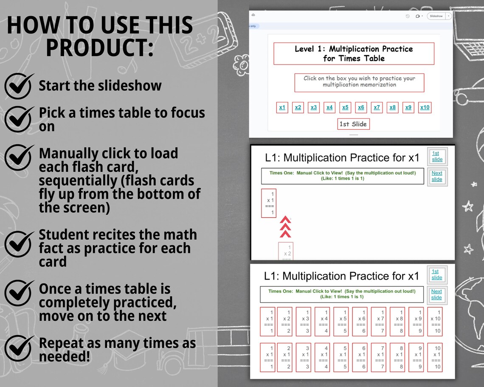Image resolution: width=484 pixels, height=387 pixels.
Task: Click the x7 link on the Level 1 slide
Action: click(x=377, y=107)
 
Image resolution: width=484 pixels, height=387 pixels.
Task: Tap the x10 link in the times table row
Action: click(x=425, y=107)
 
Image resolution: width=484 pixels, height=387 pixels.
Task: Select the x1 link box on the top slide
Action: click(x=282, y=107)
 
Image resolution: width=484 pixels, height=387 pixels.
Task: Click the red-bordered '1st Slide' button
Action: click(x=353, y=124)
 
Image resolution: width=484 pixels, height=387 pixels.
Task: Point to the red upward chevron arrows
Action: click(x=286, y=227)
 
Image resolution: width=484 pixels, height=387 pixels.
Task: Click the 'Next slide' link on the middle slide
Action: click(x=436, y=176)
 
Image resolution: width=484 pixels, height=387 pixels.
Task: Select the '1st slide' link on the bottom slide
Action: click(x=436, y=275)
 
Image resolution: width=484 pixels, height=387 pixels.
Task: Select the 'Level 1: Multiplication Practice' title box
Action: click(x=354, y=53)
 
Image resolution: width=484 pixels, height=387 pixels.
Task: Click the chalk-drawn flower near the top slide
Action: click(x=241, y=64)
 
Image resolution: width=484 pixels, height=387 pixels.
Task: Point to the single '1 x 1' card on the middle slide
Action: click(x=269, y=203)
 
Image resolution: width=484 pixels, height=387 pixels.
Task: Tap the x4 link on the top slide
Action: click(x=329, y=107)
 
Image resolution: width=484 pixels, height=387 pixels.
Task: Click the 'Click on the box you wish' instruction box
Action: click(x=359, y=82)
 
